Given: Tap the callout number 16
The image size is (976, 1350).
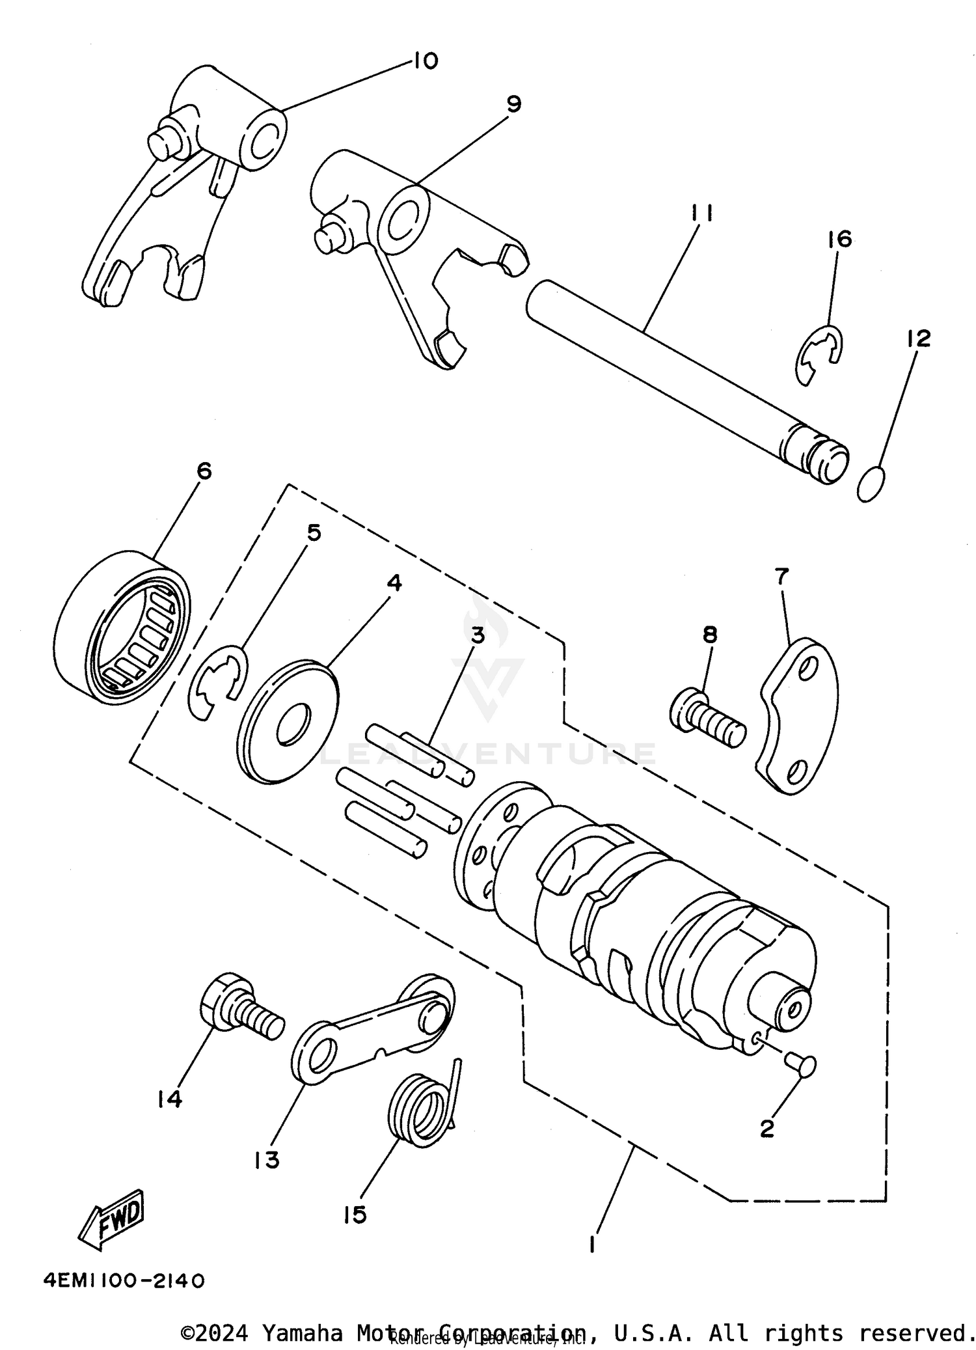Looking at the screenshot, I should coord(840,239).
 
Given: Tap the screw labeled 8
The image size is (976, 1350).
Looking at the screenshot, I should coord(707,720).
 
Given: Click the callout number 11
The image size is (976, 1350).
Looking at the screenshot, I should coord(701,213).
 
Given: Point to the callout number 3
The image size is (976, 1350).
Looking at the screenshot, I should coord(478,635).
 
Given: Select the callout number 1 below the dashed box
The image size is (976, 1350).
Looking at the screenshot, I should coord(591,1244).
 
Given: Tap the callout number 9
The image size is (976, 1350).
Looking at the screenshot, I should coord(513,103).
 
